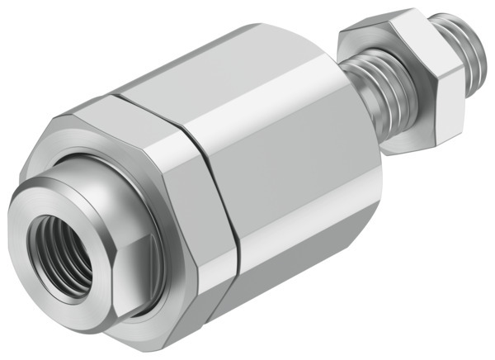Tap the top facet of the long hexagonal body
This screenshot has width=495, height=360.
[214, 66]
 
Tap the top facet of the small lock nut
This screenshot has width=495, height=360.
[388, 25]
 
